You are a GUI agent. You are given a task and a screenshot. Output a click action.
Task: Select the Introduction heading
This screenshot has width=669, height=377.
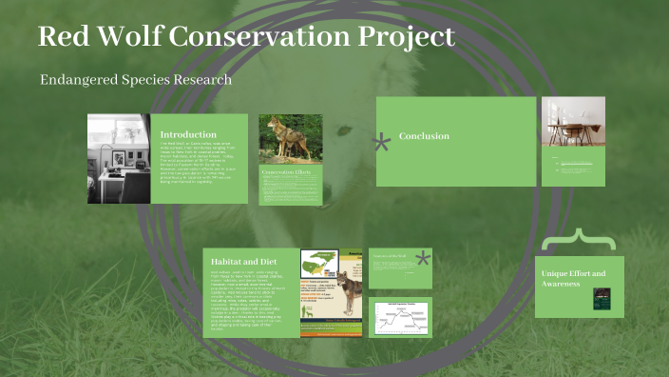point(188,134)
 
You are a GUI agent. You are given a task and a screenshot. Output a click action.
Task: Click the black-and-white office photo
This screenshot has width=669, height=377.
point(119,159)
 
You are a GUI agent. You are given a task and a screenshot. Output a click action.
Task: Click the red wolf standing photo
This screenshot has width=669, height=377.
point(290,138)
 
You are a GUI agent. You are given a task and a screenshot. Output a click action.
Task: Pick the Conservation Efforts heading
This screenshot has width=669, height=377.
point(291,171)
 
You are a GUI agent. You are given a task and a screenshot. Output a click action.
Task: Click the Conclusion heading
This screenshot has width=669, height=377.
point(424,136)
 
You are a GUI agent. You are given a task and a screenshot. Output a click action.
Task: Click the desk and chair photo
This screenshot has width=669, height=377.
point(573,120)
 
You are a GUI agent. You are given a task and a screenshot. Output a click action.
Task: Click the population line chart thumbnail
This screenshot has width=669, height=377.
point(400,317)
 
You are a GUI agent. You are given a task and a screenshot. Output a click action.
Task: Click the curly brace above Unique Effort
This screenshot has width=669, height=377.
point(574,239)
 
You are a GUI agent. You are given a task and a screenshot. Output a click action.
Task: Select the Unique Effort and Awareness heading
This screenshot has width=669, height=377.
point(572,278)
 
